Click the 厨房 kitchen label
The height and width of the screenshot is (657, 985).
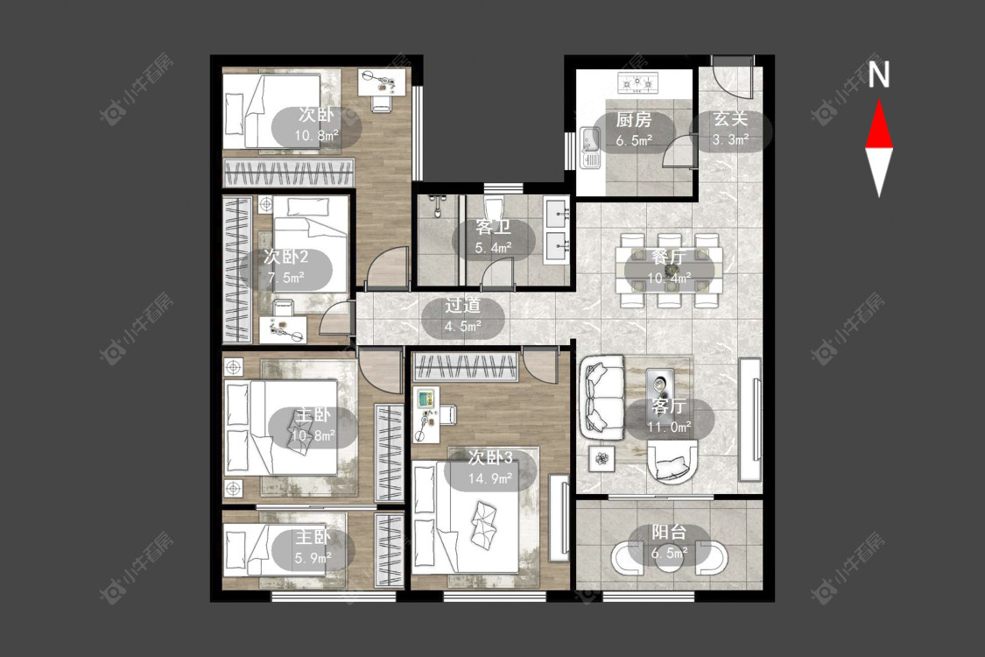[x=633, y=119]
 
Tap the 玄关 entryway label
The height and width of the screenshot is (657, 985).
[x=730, y=119]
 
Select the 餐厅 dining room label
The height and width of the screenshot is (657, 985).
[x=669, y=258]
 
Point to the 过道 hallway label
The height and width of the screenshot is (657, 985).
[x=463, y=306]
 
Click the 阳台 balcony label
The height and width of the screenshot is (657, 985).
[x=669, y=533]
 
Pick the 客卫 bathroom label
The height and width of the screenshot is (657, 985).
[x=493, y=227]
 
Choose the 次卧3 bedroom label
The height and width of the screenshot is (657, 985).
[x=490, y=457]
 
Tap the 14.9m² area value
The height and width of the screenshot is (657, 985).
[x=490, y=478]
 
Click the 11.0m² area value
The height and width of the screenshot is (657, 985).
[x=669, y=427]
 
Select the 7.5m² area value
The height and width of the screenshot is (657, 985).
[x=285, y=278]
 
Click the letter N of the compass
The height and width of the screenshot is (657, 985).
[x=879, y=74]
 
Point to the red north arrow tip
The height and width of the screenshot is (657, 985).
[x=879, y=100]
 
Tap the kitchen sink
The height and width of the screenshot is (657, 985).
[x=590, y=147]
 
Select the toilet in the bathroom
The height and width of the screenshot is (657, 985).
[x=495, y=208]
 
